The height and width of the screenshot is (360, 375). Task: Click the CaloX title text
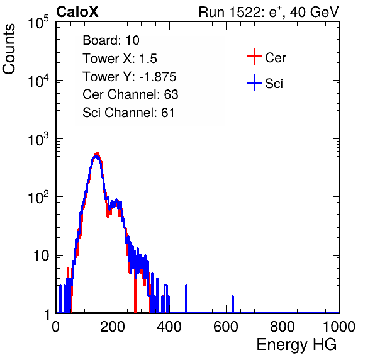pos(77,12)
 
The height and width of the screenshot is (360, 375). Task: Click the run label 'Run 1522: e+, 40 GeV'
pos(269,12)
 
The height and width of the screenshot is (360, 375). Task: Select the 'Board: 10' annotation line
pos(111,40)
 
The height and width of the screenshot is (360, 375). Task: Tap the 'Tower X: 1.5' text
pos(120,59)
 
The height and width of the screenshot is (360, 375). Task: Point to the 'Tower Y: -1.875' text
pos(130,77)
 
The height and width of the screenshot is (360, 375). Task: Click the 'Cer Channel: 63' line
pos(130,94)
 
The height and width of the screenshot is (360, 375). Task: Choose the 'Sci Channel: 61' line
pos(128,113)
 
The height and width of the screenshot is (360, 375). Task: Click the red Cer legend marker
pos(254,57)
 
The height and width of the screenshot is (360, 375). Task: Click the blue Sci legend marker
pos(254,83)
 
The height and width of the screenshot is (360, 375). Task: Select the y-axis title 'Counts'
pos(9,49)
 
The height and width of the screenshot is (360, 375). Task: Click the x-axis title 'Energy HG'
pos(296,345)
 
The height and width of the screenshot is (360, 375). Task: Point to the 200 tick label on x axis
pos(113,327)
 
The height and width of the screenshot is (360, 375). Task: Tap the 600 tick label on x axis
pos(226,327)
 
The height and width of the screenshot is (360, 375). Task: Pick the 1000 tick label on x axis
pos(339,327)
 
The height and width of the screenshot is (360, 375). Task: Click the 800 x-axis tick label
pos(283,327)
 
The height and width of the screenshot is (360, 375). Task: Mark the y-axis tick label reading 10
pos(42,256)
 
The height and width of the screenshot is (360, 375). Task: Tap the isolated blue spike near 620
pos(233,304)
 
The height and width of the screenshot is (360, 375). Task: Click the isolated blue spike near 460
pos(186,299)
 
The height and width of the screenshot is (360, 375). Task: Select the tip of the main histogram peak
pos(97,154)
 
